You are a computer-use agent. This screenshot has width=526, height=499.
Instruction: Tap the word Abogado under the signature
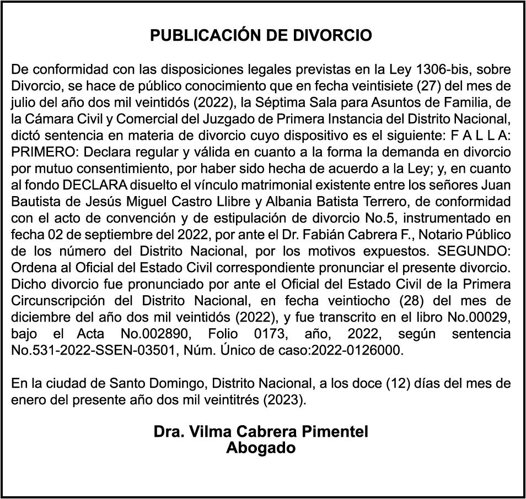coord(260,448)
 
